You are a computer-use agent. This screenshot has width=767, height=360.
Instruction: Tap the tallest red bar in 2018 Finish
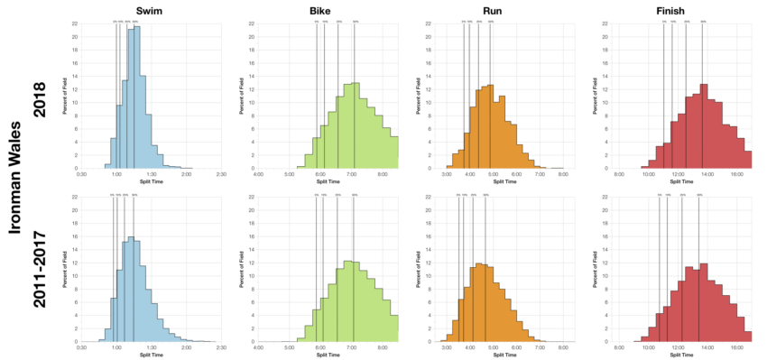704,126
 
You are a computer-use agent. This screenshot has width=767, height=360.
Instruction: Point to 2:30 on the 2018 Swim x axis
221,174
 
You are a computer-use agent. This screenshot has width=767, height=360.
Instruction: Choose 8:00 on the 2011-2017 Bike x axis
382,347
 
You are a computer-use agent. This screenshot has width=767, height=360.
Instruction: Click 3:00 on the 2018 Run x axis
447,174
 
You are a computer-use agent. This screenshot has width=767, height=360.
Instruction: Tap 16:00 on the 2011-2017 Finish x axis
736,347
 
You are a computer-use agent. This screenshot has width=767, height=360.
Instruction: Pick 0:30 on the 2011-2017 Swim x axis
81,347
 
